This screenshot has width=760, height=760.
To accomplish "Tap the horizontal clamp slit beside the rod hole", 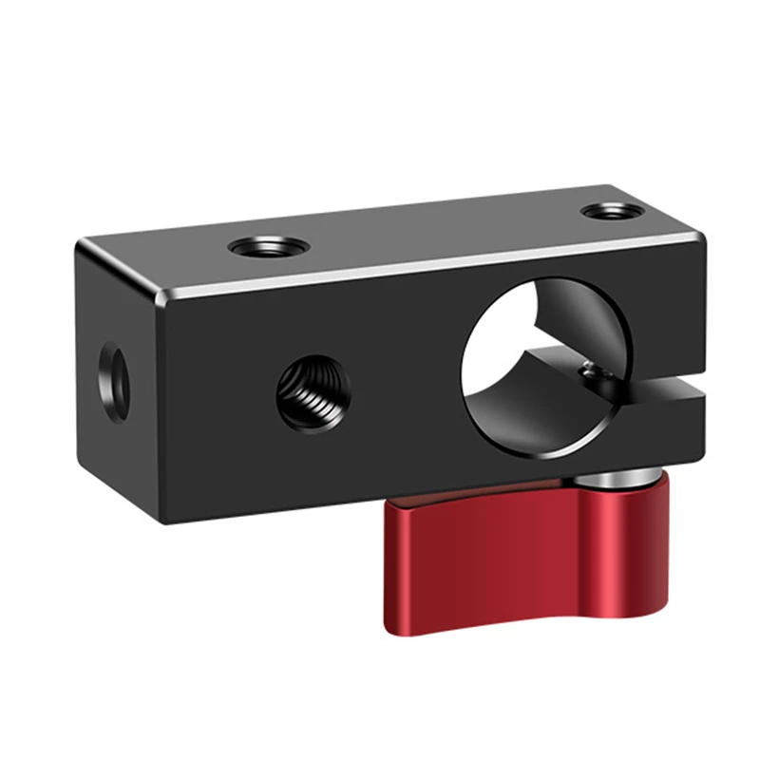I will point(665,389).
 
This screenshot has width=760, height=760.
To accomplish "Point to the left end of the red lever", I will point(391,570).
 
